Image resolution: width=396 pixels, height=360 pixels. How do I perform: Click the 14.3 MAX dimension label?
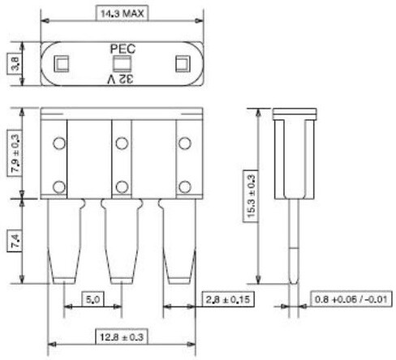pos(122,13)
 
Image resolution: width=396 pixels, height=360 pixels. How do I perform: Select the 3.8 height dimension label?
pos(15,63)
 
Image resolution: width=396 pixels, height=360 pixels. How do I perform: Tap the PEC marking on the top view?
pos(123,49)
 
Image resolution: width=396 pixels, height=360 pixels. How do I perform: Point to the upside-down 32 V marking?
pos(121,79)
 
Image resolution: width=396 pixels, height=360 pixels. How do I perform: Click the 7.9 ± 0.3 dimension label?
pos(15,153)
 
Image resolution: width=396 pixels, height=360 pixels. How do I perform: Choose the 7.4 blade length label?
pos(15,242)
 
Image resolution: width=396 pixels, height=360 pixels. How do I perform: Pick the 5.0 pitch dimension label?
pos(93,299)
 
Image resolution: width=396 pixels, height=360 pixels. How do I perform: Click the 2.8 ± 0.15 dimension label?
pos(228,299)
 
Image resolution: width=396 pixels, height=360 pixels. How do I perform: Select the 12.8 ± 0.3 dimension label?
pos(122,336)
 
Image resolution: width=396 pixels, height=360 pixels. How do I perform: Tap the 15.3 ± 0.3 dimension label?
pos(250,196)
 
